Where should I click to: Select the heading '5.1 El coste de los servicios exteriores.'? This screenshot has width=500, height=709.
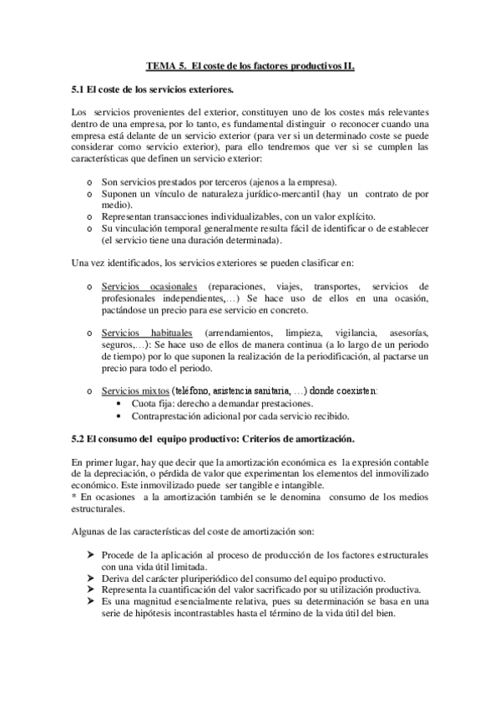click(x=152, y=88)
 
